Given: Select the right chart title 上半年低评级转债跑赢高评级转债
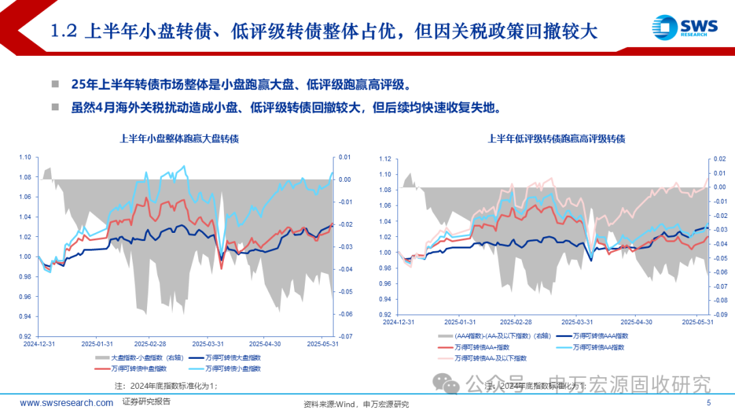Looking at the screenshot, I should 556,138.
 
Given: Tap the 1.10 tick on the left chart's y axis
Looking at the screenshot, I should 24,157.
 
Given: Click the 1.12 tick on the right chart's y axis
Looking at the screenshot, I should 385,159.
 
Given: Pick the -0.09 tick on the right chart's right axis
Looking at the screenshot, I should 720,315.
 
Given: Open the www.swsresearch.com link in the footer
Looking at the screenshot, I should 67,402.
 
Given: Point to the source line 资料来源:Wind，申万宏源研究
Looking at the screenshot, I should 356,404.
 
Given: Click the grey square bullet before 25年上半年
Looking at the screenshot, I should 55,84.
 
